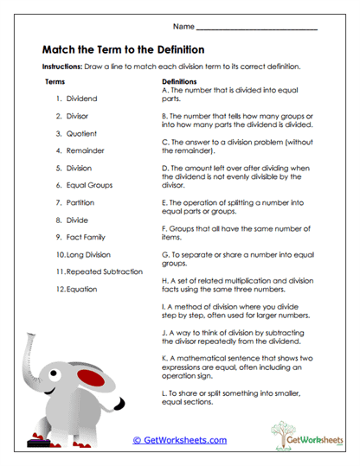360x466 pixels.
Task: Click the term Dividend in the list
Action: click(81, 98)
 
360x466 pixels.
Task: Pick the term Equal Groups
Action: click(89, 185)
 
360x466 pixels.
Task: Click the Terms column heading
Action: click(55, 80)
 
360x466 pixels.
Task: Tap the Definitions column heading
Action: click(181, 80)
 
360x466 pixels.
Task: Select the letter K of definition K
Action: click(164, 356)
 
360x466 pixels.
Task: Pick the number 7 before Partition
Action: click(59, 202)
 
